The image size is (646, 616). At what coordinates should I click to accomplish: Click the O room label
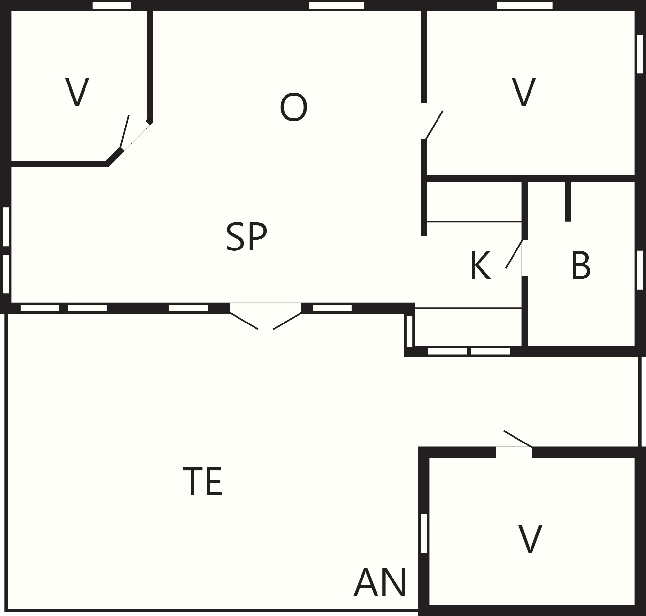point(293,107)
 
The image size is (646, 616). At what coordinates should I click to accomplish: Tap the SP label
point(246,236)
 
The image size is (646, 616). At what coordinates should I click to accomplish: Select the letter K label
point(480,266)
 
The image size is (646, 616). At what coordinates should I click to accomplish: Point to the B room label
point(581,266)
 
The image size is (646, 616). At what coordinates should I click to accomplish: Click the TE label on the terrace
point(202,482)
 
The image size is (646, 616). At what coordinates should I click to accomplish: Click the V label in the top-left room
point(77,92)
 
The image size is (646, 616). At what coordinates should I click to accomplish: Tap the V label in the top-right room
point(524,92)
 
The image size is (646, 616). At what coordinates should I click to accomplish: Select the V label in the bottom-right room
point(530,539)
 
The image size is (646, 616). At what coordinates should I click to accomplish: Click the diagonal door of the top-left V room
point(125,132)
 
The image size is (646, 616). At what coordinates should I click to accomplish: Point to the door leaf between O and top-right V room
point(434,125)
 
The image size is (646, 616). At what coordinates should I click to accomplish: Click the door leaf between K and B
point(514,254)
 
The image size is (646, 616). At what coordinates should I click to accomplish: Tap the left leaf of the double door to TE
point(244,321)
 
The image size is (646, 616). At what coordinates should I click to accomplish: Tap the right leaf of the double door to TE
point(287,321)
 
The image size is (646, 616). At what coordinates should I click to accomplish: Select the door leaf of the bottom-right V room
point(518,439)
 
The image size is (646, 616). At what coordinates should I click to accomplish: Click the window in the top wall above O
point(336,6)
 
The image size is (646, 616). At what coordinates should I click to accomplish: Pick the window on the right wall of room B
point(640,270)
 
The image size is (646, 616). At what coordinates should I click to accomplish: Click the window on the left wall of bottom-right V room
point(424,533)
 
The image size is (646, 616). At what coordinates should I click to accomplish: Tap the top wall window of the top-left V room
point(112,6)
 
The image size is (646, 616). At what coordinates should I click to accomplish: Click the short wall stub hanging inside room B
point(568,201)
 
